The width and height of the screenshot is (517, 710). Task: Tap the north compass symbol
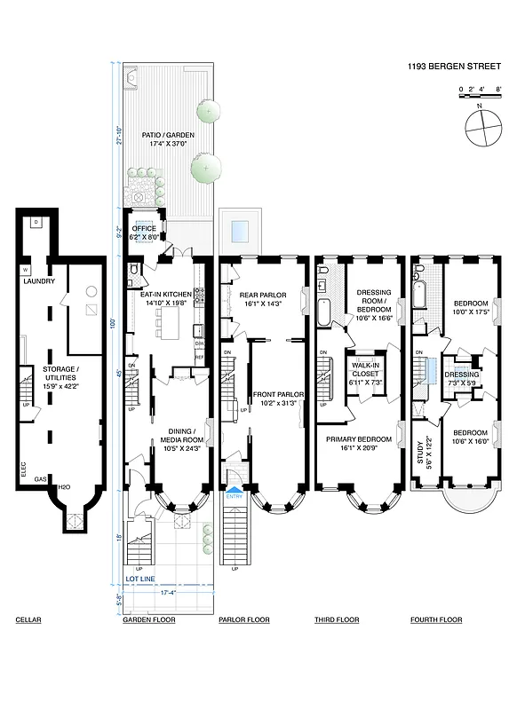coord(480,130)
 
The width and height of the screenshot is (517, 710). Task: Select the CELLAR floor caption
coord(28,619)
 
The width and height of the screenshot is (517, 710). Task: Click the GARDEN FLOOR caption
coord(146,619)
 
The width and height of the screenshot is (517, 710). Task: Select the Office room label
coord(143,233)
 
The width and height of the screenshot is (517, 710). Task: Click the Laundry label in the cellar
coord(40,281)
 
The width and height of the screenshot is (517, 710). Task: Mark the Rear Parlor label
coord(260,298)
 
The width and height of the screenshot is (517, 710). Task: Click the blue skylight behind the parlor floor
coord(239,231)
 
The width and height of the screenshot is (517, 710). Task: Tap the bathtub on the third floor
coord(325,312)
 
